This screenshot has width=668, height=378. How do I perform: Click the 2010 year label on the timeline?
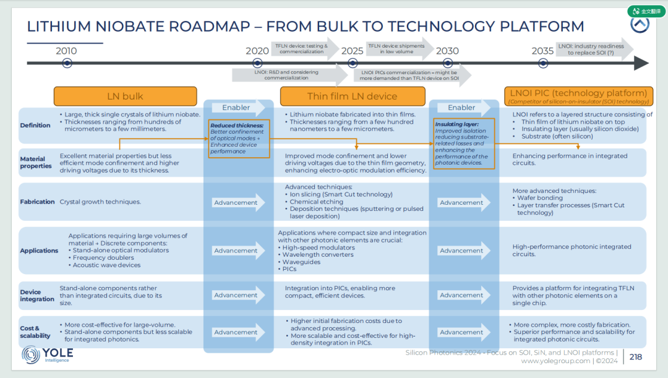click(66, 51)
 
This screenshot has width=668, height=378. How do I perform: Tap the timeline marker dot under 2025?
click(353, 63)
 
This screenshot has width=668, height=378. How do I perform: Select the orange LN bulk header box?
click(125, 97)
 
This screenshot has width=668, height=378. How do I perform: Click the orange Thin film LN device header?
click(353, 97)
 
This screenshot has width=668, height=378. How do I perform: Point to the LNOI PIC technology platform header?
click(578, 96)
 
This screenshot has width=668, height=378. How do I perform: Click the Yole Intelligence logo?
click(47, 354)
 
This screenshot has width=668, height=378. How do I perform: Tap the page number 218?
click(636, 357)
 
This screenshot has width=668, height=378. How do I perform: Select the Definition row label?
click(35, 126)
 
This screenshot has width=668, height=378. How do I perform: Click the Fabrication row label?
click(37, 202)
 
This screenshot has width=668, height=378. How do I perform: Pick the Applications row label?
click(39, 251)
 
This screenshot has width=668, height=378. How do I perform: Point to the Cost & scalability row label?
click(35, 332)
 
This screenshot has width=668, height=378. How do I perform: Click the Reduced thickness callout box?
click(239, 139)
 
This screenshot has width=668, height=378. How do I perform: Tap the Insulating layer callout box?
click(464, 144)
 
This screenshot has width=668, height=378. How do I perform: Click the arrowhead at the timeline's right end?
click(642, 63)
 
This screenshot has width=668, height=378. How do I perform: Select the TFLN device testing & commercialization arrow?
click(305, 49)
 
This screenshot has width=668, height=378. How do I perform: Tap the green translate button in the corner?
click(646, 11)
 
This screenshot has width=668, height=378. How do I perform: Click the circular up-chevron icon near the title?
click(640, 24)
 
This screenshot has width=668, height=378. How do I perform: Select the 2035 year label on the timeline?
click(542, 51)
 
